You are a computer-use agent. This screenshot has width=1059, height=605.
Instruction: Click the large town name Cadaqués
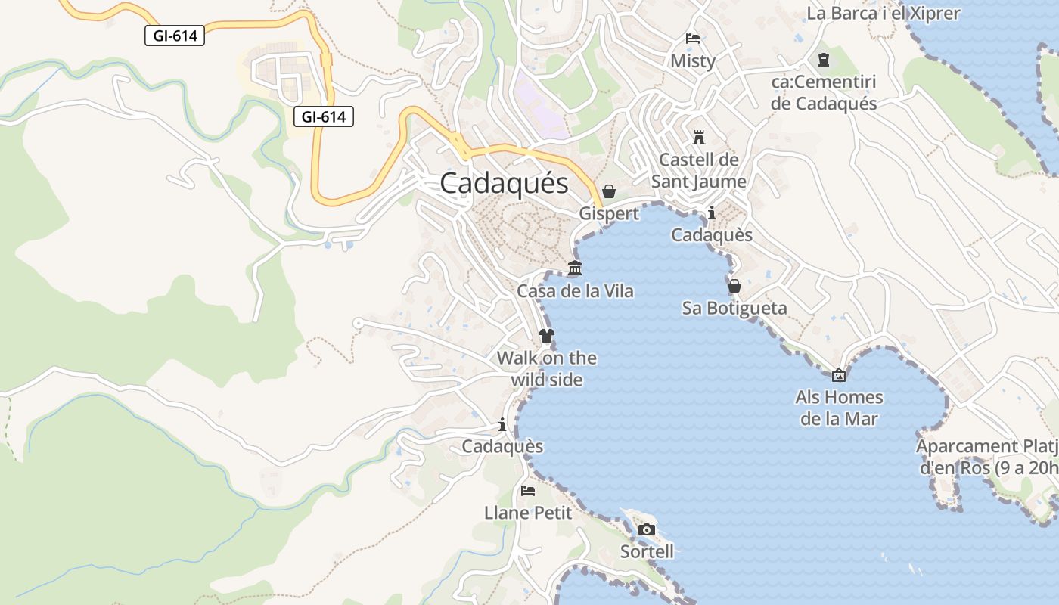pos(504,183)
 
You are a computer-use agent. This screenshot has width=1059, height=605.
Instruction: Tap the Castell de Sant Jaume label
pos(698,170)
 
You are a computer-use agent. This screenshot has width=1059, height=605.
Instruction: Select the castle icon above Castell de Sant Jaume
pos(699,138)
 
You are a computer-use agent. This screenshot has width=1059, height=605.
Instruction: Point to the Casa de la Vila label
pos(575,291)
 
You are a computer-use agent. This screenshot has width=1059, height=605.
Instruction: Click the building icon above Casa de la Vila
pos(575,268)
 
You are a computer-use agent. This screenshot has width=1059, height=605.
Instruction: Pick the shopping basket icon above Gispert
pos(609,191)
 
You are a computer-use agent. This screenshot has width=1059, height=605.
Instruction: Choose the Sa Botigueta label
pos(734,308)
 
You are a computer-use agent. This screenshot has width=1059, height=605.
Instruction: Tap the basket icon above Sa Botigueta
pos(734,286)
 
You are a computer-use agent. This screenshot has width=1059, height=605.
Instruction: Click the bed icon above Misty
pos(693,39)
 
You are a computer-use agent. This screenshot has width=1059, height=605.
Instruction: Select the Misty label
pos(693,61)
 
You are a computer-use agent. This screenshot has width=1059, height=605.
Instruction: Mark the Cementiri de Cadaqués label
pos(823,92)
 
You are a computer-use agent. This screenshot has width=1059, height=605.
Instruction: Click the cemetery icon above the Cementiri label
pos(824,59)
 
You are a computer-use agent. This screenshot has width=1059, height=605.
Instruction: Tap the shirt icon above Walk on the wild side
pos(547,335)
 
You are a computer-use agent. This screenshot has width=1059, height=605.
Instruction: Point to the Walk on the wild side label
pos(547,368)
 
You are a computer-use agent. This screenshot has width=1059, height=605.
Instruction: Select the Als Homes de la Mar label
pos(839,408)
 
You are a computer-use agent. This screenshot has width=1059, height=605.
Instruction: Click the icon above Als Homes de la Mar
pos(839,374)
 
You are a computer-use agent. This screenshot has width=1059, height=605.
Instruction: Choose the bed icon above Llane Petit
pos(528,491)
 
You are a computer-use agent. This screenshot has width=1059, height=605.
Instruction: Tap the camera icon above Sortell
pos(647,529)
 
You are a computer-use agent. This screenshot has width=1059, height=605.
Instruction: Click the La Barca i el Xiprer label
pos(883,13)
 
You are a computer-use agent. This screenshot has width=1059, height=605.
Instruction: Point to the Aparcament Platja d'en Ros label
pos(987,457)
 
